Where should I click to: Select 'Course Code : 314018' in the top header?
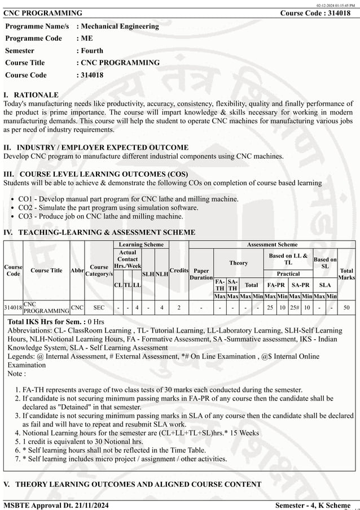(318, 13)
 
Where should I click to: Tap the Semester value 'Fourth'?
(92, 50)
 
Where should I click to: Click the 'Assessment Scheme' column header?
(272, 244)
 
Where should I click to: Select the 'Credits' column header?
(179, 271)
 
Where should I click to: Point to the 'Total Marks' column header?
(346, 274)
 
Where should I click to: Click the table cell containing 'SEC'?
(99, 307)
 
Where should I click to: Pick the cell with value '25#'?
(294, 307)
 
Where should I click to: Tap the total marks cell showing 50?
(346, 307)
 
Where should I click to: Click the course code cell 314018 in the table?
(13, 307)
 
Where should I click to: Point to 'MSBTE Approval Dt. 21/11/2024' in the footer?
(56, 504)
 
